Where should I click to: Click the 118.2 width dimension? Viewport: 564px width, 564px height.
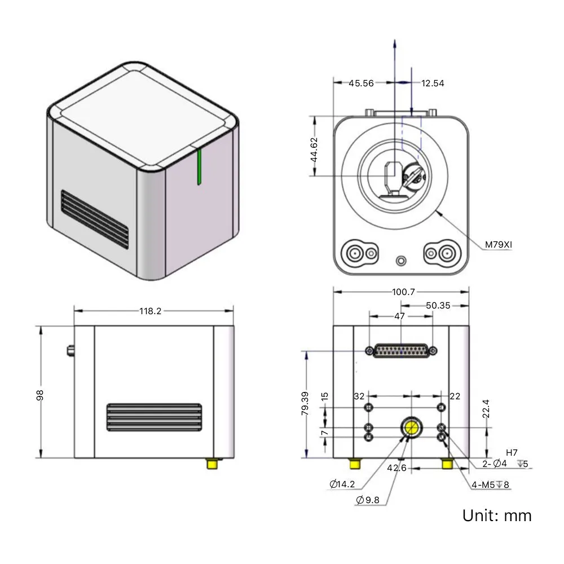coord(151,311)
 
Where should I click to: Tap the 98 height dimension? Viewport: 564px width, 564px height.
coord(40,395)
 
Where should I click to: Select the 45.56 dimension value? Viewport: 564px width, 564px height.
coord(361,83)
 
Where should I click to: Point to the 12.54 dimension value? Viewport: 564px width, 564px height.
coord(433,83)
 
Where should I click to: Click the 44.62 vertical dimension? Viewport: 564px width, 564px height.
coord(314,149)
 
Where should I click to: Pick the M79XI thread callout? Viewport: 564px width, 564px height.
coord(498,245)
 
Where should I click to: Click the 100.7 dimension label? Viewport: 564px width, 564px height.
coord(403,292)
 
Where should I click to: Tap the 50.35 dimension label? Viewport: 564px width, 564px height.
coord(438,306)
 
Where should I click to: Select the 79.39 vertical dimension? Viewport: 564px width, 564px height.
coord(305,403)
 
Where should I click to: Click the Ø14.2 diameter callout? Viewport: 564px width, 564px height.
coord(342,484)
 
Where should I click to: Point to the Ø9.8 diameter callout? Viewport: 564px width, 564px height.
coord(368,500)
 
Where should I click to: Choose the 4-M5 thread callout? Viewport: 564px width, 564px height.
coord(490,485)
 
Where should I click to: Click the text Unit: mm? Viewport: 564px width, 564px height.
coord(497,515)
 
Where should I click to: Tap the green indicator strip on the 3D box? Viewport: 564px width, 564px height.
coord(199,167)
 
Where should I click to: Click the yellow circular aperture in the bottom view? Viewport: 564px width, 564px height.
coord(411,428)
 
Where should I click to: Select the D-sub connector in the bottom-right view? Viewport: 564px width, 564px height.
coord(401,350)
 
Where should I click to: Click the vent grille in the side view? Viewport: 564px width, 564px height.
coord(154,417)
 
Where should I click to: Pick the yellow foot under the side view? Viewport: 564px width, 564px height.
coord(212,463)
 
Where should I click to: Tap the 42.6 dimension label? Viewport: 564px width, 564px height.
coord(396,468)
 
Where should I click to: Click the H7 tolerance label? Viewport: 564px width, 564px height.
coord(512,452)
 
